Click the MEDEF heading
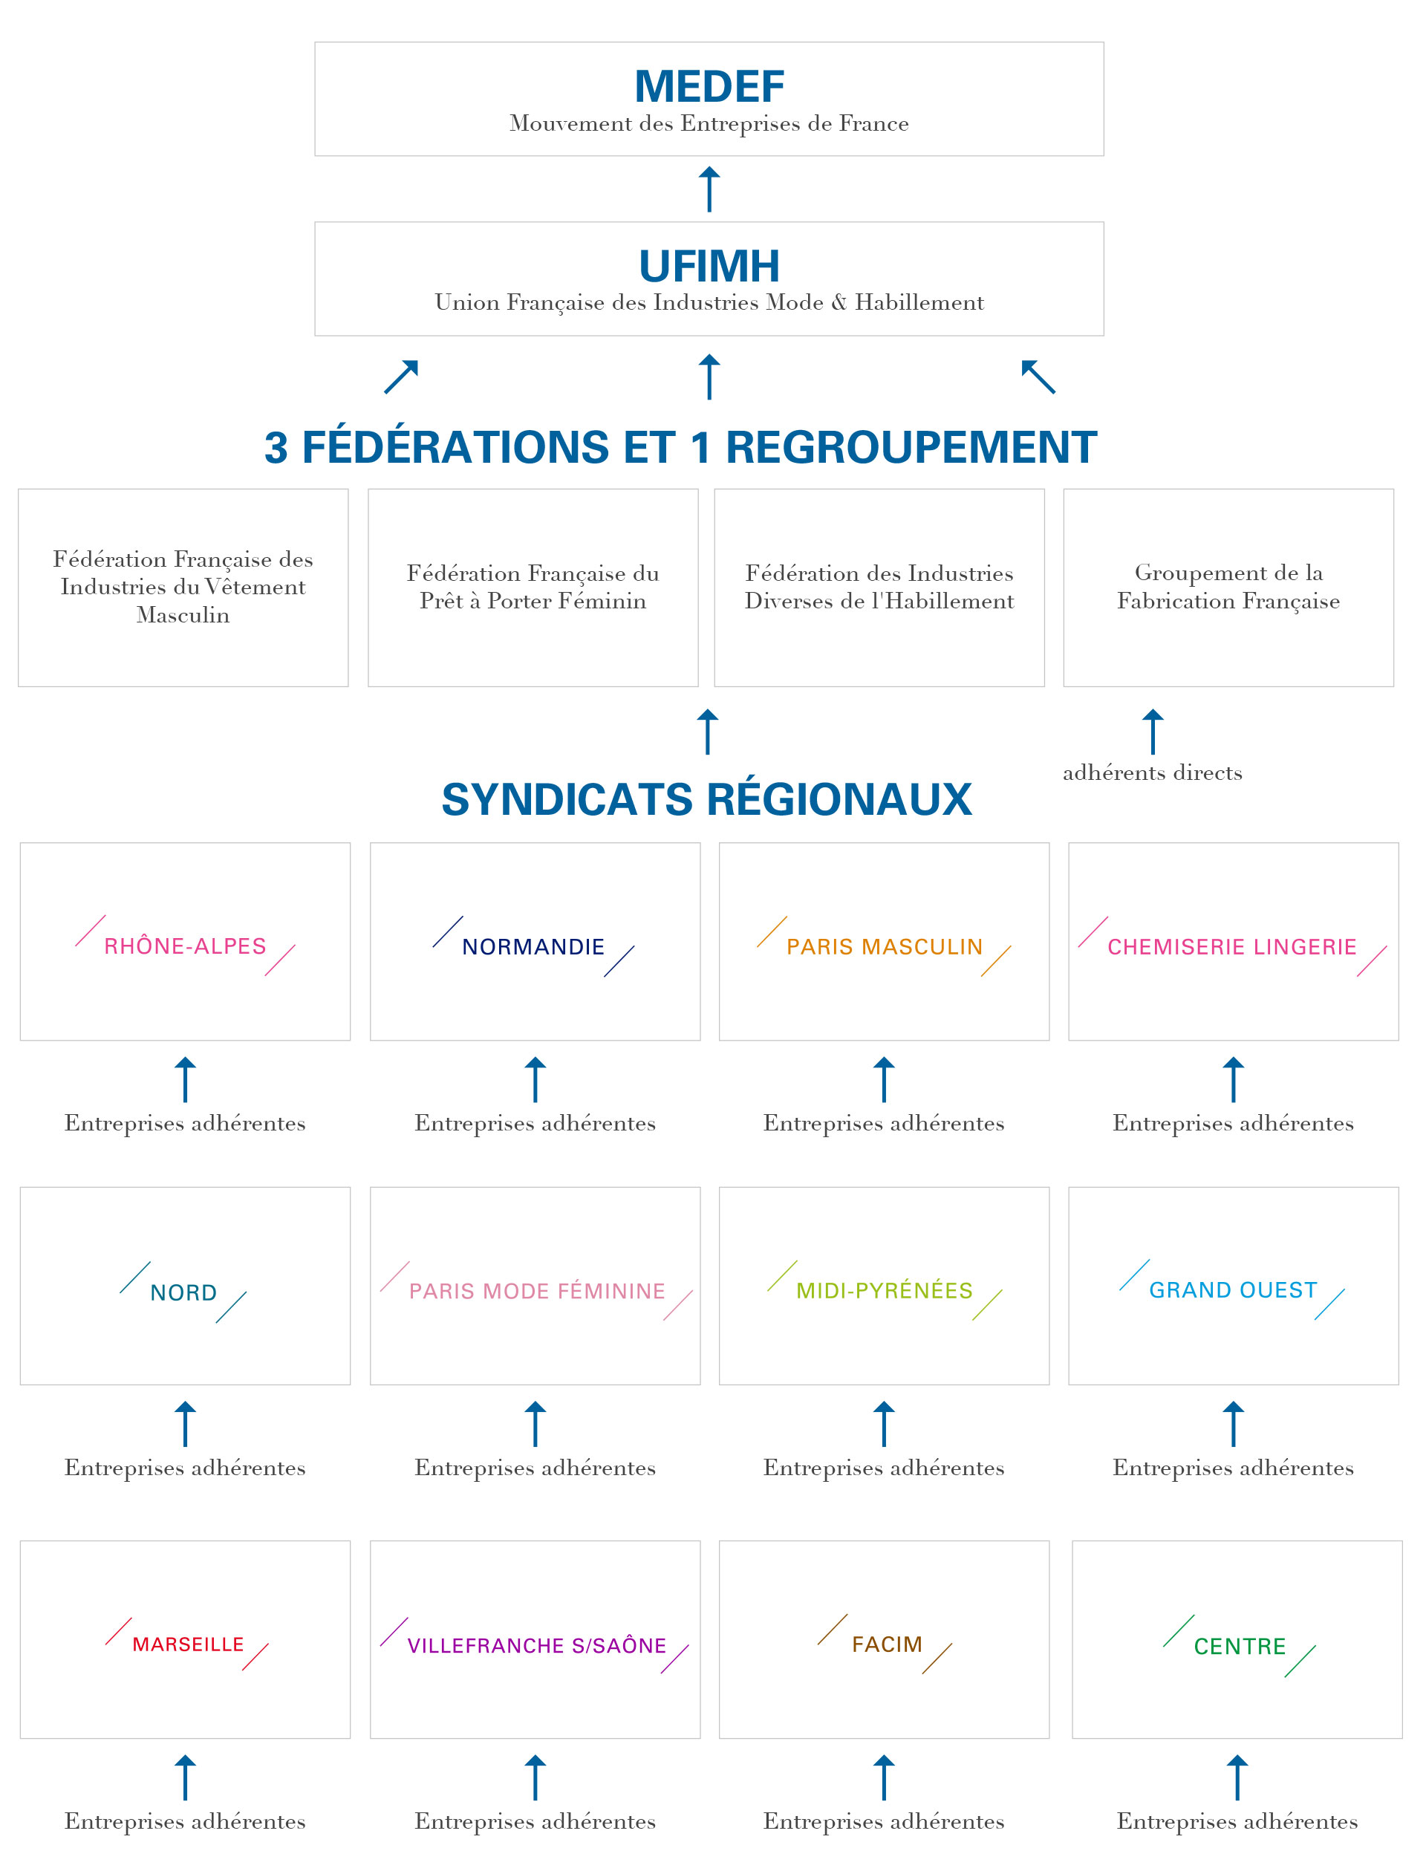click(x=709, y=87)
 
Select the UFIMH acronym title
click(x=709, y=266)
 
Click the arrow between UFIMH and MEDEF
click(x=709, y=189)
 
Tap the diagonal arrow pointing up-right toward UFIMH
click(x=402, y=377)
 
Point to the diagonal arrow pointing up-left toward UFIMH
click(x=1038, y=377)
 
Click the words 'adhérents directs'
click(x=1152, y=772)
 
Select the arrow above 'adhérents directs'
click(x=1153, y=732)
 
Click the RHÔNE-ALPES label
click(x=185, y=946)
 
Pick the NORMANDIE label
click(x=533, y=947)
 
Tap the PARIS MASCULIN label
click(x=885, y=947)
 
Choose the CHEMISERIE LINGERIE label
click(x=1232, y=947)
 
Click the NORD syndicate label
click(x=183, y=1292)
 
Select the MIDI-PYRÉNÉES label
click(x=885, y=1291)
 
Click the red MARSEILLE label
click(x=188, y=1644)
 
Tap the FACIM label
click(x=887, y=1644)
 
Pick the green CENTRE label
click(x=1240, y=1647)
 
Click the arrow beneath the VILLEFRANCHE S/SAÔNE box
click(x=535, y=1777)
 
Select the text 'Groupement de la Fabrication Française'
click(x=1228, y=587)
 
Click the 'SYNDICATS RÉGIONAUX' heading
click(x=706, y=799)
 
